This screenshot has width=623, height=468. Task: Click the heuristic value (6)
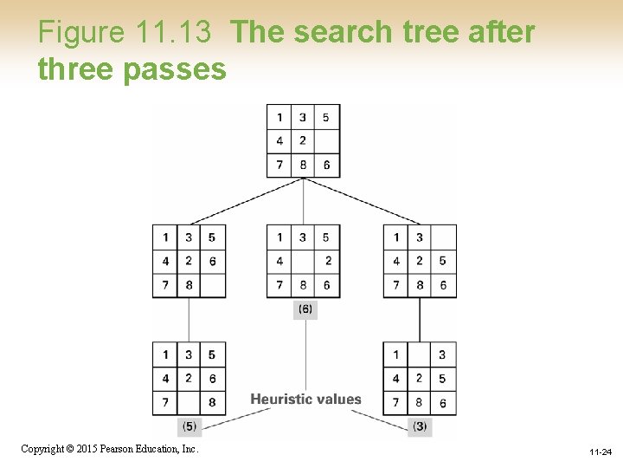pos(305,309)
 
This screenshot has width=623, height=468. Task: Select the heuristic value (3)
pos(420,426)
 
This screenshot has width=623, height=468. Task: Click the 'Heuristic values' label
pos(305,400)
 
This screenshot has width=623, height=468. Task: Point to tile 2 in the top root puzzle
pos(303,141)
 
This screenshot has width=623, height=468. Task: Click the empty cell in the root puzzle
pos(326,141)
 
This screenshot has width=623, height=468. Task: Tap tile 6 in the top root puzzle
pos(326,166)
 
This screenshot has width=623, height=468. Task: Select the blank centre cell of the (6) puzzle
pos(303,261)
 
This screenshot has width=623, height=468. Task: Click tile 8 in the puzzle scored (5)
pos(212,402)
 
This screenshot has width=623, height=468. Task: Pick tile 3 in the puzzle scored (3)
pos(442,354)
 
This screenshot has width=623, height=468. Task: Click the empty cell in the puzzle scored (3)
pos(420,354)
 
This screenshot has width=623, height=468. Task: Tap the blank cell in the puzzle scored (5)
pos(189,402)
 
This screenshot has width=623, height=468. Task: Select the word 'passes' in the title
pos(175,69)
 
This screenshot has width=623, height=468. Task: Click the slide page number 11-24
pos(601,452)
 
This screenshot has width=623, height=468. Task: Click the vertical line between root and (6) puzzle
pos(303,201)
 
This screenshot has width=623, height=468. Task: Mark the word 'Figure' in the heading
pos(82,33)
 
